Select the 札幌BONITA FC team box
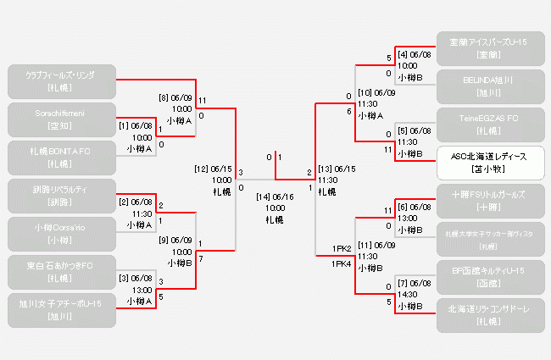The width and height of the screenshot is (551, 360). (x=60, y=157)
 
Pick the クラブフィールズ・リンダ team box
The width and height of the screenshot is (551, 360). (x=60, y=80)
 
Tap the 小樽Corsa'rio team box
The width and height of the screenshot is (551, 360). (x=60, y=233)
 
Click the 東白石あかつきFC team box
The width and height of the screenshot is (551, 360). (x=60, y=271)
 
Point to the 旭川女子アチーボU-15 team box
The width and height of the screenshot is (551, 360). (x=60, y=308)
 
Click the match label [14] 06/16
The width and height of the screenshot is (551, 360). (x=275, y=197)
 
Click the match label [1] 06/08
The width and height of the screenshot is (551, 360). (x=136, y=125)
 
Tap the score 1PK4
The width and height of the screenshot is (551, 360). (x=342, y=264)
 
